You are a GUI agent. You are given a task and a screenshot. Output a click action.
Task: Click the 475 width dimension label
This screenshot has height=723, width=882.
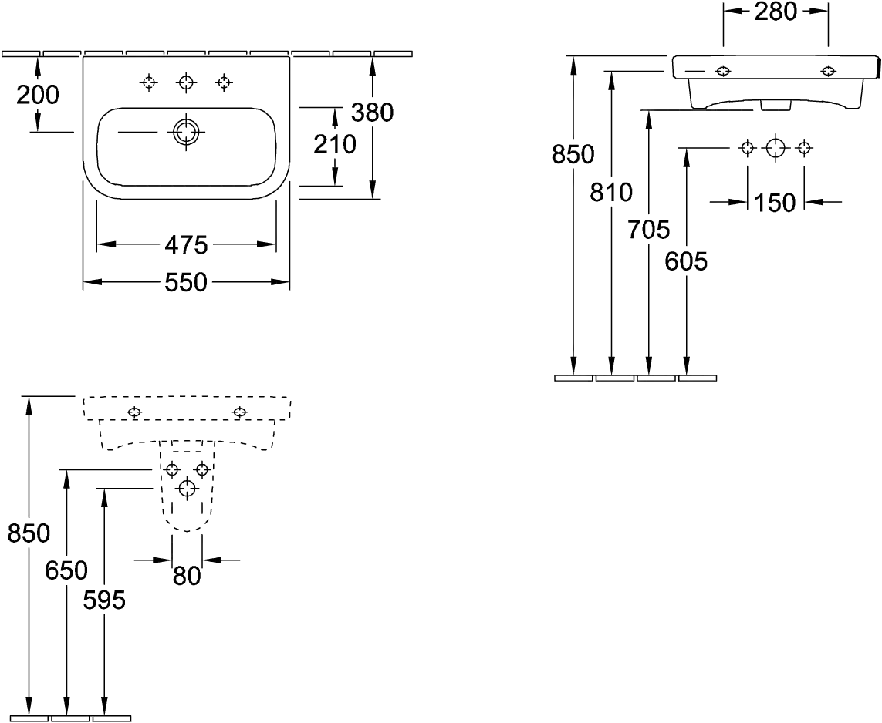[186, 245]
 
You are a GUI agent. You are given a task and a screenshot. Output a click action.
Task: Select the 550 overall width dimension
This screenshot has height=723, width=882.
[186, 282]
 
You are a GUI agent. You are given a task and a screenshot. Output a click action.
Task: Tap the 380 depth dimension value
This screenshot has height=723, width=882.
[372, 113]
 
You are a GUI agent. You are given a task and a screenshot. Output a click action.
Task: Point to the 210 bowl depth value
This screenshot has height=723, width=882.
[335, 145]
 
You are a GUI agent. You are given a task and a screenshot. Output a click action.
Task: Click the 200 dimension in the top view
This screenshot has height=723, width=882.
[37, 95]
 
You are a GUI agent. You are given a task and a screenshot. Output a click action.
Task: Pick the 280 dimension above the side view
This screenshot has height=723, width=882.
[776, 12]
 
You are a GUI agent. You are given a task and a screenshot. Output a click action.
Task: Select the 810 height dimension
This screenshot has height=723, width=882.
[611, 193]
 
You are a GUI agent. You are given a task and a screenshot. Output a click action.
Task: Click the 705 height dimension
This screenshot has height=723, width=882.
[649, 229]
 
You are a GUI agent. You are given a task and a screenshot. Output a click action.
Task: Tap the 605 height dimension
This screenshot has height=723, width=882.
[686, 261]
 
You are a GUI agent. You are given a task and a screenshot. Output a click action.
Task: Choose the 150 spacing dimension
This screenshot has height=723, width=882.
[775, 203]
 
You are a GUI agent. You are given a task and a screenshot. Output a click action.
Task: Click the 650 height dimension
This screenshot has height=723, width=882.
[66, 570]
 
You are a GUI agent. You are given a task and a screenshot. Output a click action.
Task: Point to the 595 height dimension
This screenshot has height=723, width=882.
[104, 600]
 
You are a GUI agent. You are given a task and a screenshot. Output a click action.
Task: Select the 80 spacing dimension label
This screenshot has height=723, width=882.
[187, 576]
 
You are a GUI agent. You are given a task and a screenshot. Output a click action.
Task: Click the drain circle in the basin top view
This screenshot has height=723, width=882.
[186, 132]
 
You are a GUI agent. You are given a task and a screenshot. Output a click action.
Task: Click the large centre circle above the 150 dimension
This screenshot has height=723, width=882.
[776, 148]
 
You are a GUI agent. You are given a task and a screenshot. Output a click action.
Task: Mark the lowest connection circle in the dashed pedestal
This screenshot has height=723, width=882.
[187, 489]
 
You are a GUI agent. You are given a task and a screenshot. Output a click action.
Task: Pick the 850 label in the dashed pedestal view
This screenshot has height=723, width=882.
[29, 533]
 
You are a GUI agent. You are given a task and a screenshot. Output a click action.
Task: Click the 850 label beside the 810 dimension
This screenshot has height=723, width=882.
[573, 154]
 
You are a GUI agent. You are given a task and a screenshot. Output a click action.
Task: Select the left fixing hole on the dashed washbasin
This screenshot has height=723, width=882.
[134, 412]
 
